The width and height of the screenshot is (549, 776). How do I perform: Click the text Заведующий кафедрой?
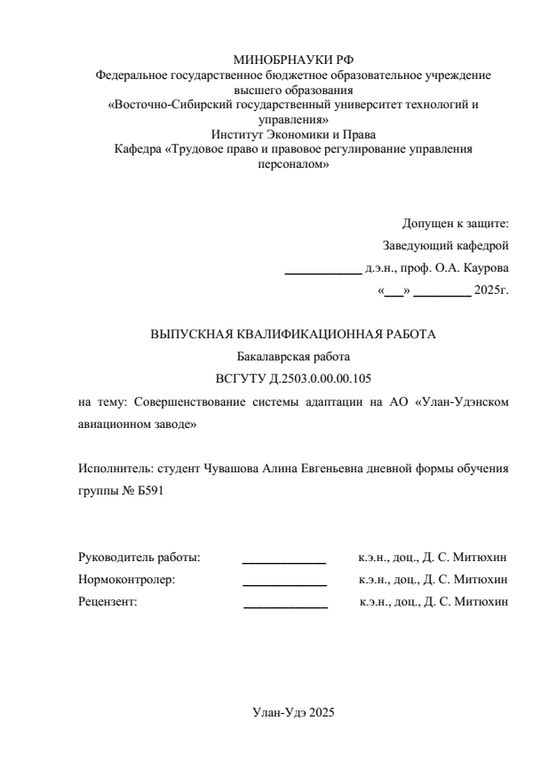coord(445,245)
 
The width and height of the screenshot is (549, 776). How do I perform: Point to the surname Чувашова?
coord(232,468)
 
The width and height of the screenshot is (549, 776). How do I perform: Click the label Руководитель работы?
coord(139,558)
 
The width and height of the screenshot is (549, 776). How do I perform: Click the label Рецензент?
coord(107,602)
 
